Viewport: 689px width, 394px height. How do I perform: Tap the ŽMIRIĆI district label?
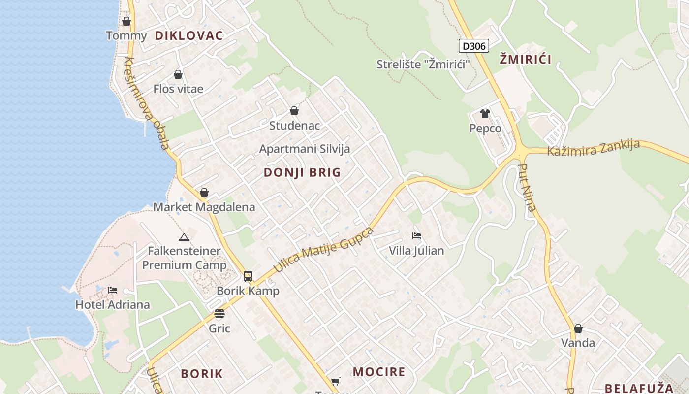(x=525, y=60)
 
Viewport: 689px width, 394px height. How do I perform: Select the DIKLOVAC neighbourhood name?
(x=189, y=35)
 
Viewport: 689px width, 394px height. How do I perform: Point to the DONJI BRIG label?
(x=302, y=172)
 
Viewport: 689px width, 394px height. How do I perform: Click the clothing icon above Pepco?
(x=485, y=114)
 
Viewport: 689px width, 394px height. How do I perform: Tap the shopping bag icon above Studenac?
(x=294, y=111)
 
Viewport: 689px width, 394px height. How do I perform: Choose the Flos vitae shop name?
(x=178, y=89)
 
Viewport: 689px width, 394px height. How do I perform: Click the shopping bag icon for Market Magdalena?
(x=204, y=193)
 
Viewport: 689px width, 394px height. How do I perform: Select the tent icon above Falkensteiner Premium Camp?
(x=184, y=237)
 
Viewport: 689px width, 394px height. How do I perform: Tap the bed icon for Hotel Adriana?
(x=113, y=290)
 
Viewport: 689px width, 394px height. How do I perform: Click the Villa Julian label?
(x=416, y=251)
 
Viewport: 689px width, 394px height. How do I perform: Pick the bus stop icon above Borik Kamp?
(x=248, y=276)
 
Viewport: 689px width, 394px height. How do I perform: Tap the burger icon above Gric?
(x=219, y=314)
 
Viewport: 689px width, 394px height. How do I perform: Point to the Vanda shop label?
(x=578, y=343)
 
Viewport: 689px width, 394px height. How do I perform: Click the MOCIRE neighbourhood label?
(x=379, y=372)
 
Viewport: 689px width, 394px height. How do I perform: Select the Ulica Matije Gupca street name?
(x=323, y=250)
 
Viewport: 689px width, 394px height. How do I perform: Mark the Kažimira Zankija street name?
(x=593, y=148)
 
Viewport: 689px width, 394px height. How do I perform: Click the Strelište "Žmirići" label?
(x=423, y=64)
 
